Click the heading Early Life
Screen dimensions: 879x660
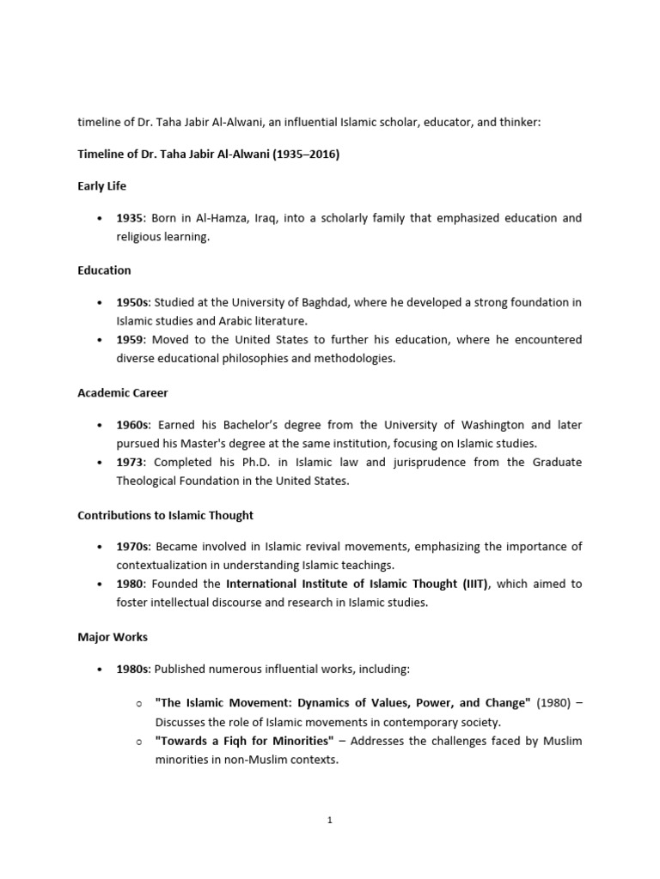(x=102, y=186)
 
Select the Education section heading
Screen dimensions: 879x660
(x=104, y=270)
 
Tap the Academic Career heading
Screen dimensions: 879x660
(x=123, y=392)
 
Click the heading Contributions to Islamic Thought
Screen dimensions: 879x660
(x=166, y=515)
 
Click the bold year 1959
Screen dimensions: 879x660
(x=131, y=340)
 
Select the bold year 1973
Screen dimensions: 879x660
(x=131, y=462)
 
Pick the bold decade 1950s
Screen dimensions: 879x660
(x=133, y=302)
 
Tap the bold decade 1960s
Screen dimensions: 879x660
(x=133, y=425)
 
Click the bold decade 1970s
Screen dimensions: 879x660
(x=133, y=547)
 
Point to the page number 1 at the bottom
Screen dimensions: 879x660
(x=330, y=820)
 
